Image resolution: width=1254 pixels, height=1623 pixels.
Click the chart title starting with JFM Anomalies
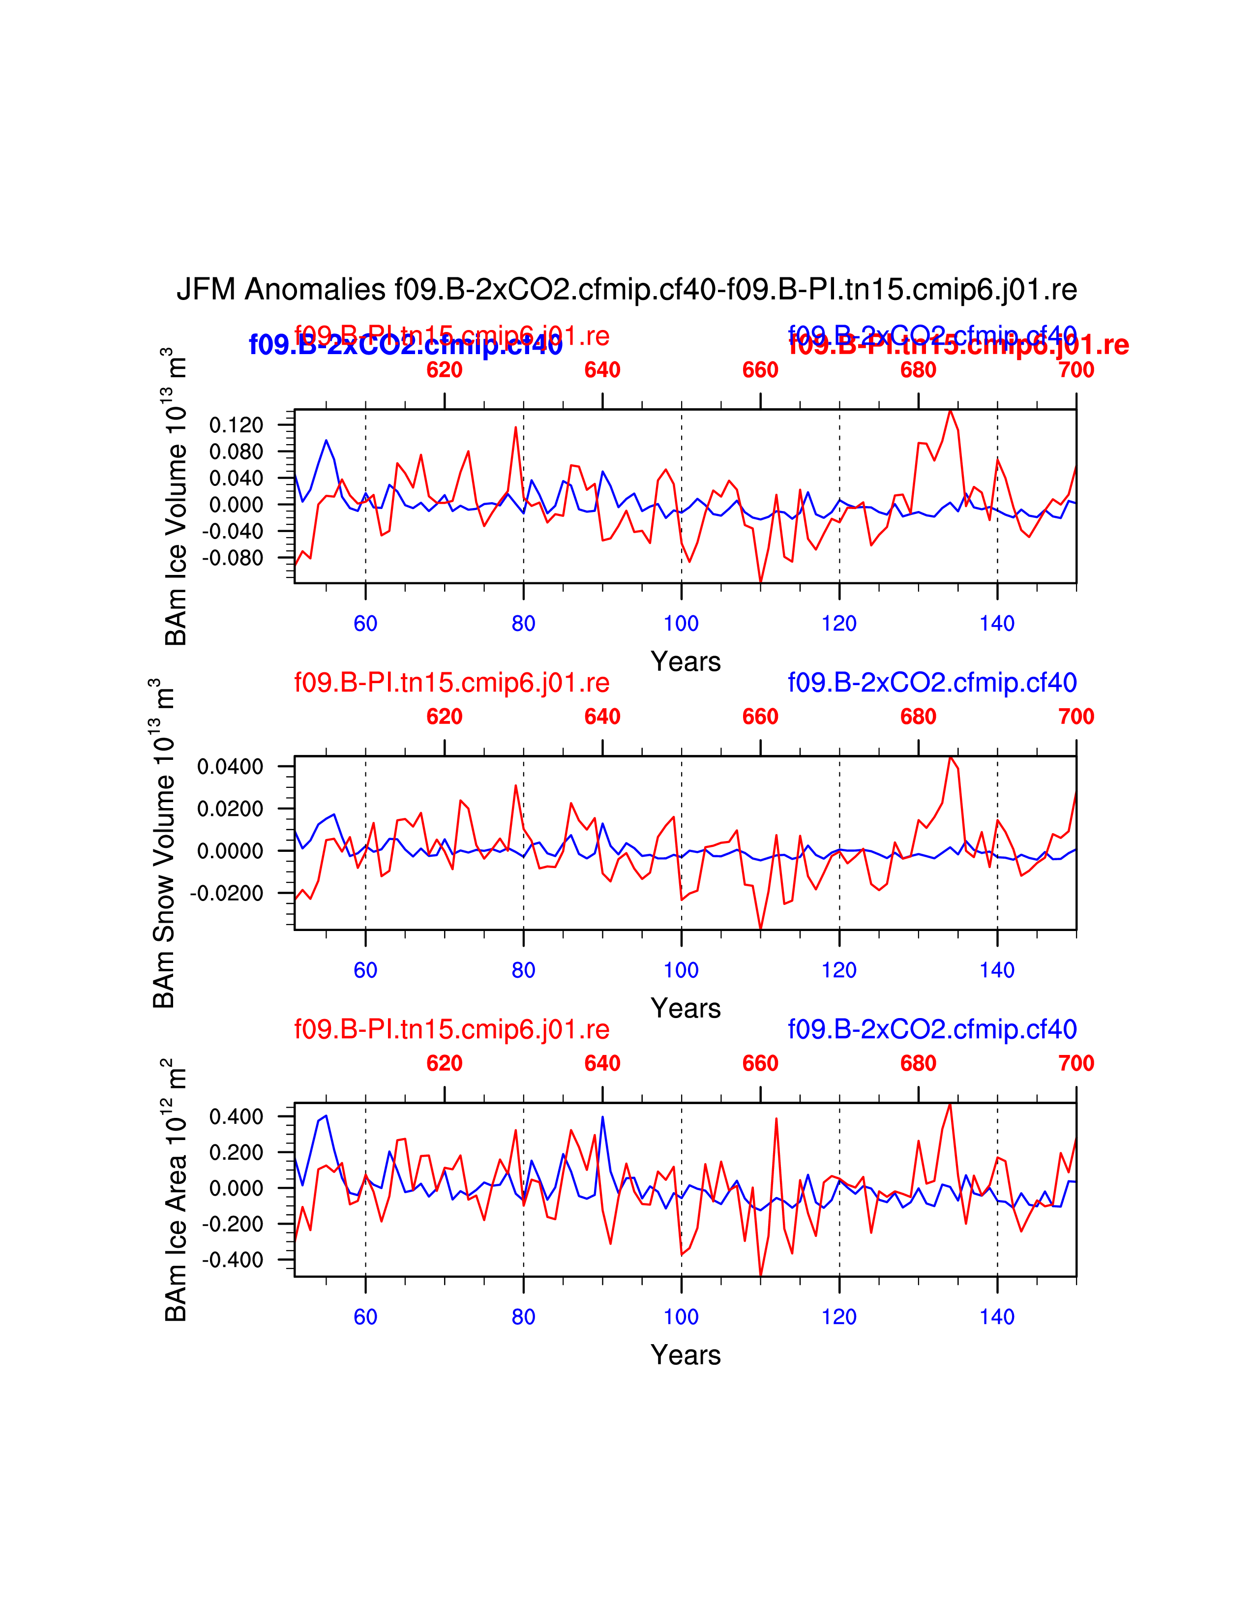coord(626,289)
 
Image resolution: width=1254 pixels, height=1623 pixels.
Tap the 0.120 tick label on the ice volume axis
coord(236,425)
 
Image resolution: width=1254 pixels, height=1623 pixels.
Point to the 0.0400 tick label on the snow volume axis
coord(230,766)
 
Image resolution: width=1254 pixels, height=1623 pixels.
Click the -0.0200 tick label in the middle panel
coord(227,893)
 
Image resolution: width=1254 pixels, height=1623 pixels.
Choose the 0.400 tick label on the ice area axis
coord(236,1117)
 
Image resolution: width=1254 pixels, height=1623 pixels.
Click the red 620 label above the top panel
coord(444,369)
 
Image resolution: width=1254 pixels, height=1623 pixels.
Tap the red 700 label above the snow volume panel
coord(1075,717)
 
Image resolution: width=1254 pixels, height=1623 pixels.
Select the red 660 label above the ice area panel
coord(760,1063)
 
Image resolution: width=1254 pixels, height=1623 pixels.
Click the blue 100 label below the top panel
coord(681,624)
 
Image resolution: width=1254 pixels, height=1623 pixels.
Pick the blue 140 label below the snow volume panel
coord(997,970)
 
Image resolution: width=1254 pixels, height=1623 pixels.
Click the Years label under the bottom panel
coord(686,1355)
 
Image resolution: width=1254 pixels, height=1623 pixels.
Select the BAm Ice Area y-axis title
coord(176,1191)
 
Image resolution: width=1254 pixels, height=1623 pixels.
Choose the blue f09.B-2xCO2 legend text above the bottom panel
coord(932,1029)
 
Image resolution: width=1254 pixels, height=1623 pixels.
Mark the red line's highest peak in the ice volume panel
coord(950,411)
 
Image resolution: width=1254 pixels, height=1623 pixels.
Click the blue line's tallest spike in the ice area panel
coord(602,1117)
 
